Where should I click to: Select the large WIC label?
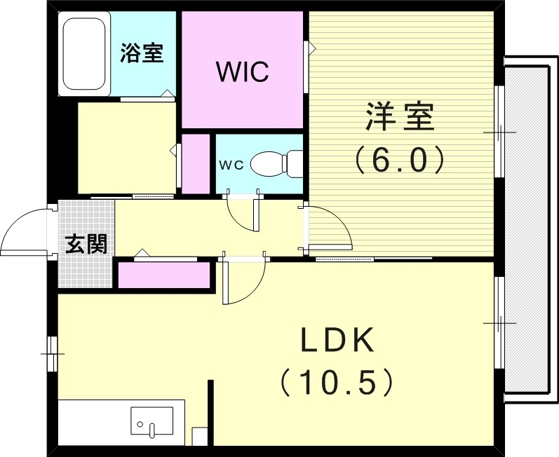pyautogui.click(x=242, y=71)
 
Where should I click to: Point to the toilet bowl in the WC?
pyautogui.click(x=267, y=164)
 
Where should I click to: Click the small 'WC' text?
pyautogui.click(x=231, y=165)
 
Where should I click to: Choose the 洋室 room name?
pyautogui.click(x=399, y=117)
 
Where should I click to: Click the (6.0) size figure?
pyautogui.click(x=399, y=161)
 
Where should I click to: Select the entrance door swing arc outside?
pyautogui.click(x=25, y=231)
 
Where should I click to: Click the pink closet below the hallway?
pyautogui.click(x=164, y=275)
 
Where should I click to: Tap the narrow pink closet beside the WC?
pyautogui.click(x=196, y=162)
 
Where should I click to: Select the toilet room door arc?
pyautogui.click(x=243, y=213)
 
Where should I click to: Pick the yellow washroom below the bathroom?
pyautogui.click(x=126, y=147)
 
